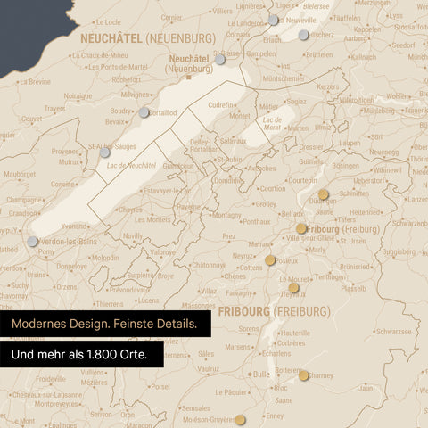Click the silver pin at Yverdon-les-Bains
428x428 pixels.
pyautogui.click(x=33, y=242)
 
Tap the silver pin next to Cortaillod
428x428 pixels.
pyautogui.click(x=144, y=112)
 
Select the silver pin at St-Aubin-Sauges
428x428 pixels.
pyautogui.click(x=104, y=152)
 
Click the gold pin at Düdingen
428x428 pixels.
pyautogui.click(x=324, y=194)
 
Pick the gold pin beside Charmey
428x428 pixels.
pyautogui.click(x=304, y=375)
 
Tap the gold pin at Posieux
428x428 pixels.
pyautogui.click(x=270, y=260)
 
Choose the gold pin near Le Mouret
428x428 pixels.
pyautogui.click(x=293, y=288)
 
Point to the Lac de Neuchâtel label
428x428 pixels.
pyautogui.click(x=131, y=165)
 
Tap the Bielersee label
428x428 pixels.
pyautogui.click(x=316, y=5)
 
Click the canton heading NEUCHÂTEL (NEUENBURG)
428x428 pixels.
pyautogui.click(x=147, y=38)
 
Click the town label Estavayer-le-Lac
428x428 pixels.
pyautogui.click(x=168, y=191)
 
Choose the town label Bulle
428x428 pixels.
pyautogui.click(x=261, y=374)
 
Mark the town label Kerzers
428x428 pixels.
pyautogui.click(x=328, y=86)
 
